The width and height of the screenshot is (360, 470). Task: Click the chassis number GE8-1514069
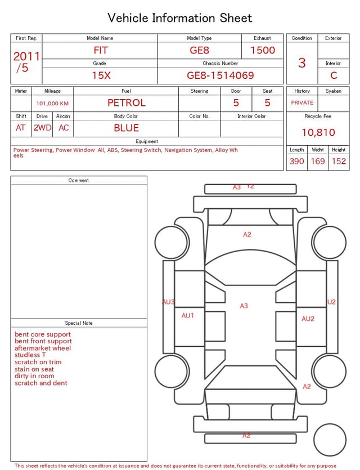tap(220, 75)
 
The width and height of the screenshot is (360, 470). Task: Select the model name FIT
tap(101, 50)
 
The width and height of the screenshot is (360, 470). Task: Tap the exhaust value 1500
tap(263, 50)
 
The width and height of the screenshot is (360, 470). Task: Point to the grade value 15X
tap(101, 75)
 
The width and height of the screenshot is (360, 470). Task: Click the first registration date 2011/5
tap(26, 62)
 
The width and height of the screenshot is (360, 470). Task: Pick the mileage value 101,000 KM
tap(52, 104)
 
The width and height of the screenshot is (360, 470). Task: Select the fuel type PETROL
tap(127, 103)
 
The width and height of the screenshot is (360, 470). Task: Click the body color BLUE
tap(127, 128)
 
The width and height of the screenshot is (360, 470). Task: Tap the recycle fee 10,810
tap(318, 132)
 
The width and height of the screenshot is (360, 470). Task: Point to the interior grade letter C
tap(334, 75)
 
